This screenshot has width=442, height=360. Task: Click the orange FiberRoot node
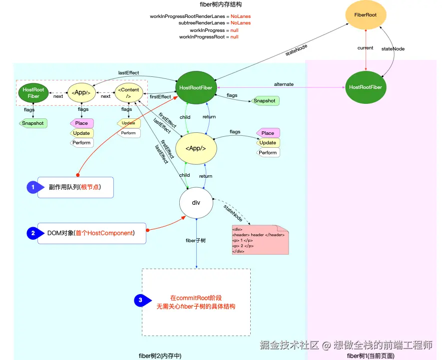click(365, 15)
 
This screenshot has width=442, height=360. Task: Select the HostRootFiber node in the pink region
click(366, 87)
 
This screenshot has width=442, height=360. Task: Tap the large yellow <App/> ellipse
click(196, 148)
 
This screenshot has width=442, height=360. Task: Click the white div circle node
click(196, 203)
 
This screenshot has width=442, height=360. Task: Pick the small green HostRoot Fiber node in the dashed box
click(33, 93)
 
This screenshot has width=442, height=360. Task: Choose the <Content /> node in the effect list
click(128, 93)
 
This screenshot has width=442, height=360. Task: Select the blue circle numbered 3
click(141, 301)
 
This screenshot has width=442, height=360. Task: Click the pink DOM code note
click(260, 240)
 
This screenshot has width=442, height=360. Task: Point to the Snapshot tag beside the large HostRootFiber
click(265, 101)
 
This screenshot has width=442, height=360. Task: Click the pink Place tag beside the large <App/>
click(268, 133)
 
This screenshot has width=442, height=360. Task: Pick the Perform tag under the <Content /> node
click(128, 133)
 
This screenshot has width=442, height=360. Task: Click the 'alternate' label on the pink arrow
click(284, 84)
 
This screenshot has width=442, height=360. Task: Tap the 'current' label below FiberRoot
click(365, 48)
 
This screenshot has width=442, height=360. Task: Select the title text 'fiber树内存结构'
click(221, 4)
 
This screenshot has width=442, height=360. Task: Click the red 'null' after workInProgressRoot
click(234, 37)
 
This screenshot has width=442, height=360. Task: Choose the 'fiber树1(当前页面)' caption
click(371, 356)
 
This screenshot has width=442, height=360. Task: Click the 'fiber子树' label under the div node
click(196, 241)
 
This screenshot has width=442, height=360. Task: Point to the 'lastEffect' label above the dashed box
click(128, 73)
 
